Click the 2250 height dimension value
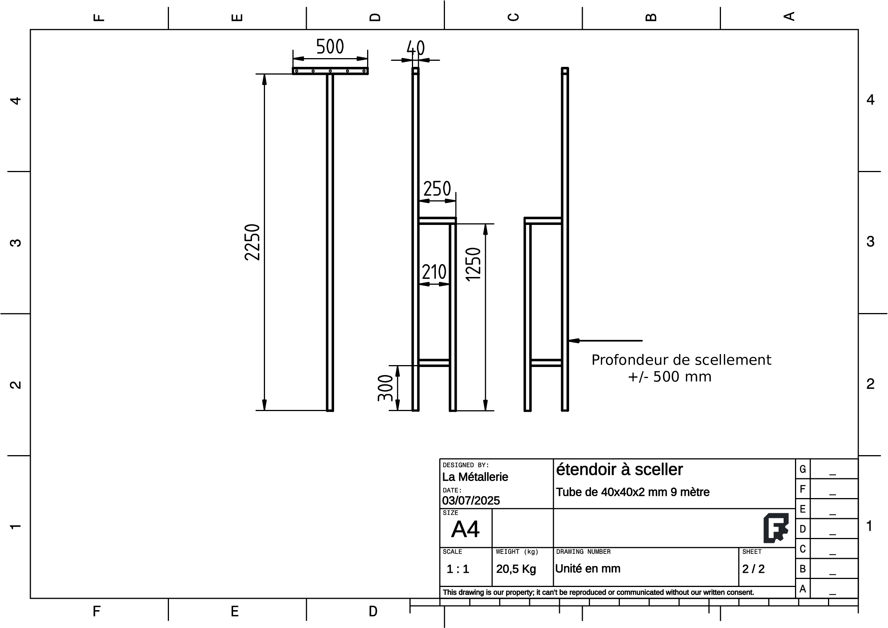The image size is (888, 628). [252, 242]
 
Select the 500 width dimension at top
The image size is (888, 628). [330, 47]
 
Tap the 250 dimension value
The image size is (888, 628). [437, 189]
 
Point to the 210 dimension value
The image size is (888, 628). [434, 272]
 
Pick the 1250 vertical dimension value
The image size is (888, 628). [473, 264]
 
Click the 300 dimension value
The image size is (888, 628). [385, 388]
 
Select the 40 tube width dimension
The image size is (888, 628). [416, 48]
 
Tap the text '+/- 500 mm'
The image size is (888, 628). [669, 377]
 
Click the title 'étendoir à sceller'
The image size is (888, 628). [619, 470]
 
